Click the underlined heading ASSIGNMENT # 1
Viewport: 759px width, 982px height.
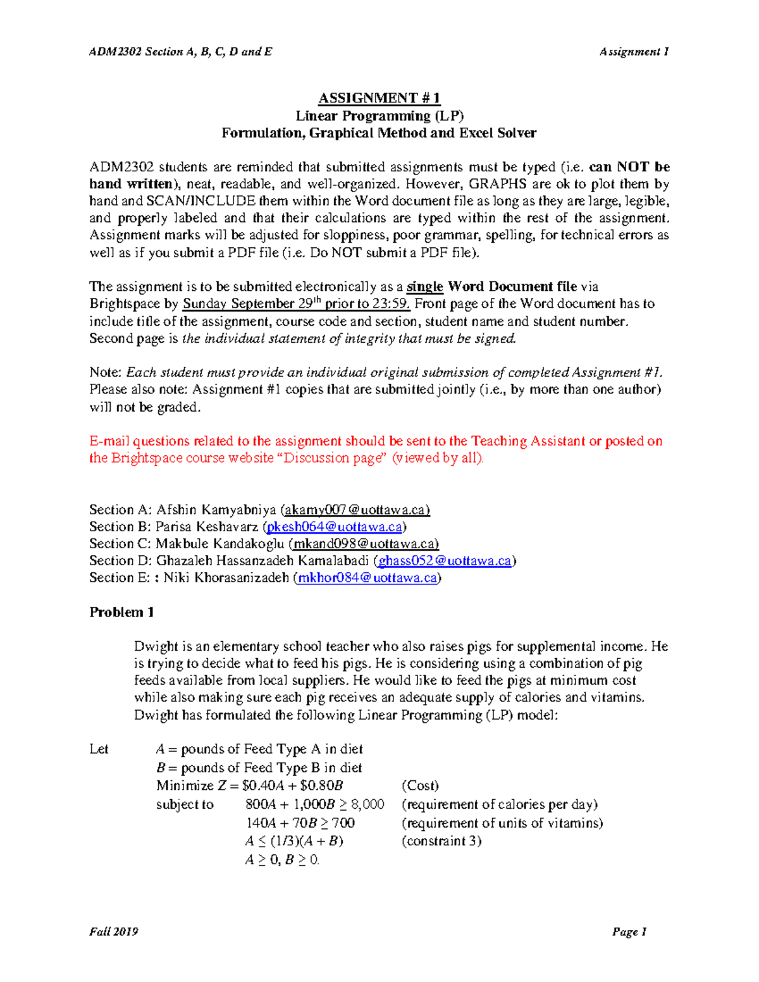[x=379, y=98]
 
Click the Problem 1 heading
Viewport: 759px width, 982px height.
[x=121, y=612]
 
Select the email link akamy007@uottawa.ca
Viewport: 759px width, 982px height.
[x=357, y=510]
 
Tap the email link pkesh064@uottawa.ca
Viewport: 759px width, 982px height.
[x=334, y=527]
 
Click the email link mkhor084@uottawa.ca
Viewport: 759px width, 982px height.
[x=367, y=578]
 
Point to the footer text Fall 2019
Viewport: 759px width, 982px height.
[x=114, y=931]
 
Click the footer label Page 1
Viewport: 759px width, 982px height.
[x=629, y=931]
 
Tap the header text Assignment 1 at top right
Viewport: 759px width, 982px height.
[x=634, y=52]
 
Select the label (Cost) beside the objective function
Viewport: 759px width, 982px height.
[x=420, y=786]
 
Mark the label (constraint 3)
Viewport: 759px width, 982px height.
[x=441, y=841]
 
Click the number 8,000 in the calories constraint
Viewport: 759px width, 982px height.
[x=367, y=804]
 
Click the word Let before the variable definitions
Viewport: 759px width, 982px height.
[x=99, y=749]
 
